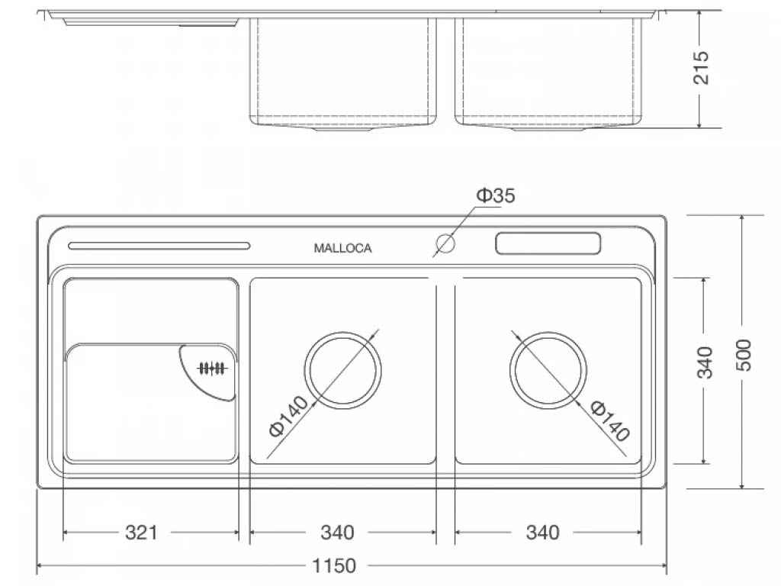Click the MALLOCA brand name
pos(343,248)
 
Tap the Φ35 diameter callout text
pos(497,196)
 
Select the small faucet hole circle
pos(445,244)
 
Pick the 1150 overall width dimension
pos(334,566)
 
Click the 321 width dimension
pos(141,532)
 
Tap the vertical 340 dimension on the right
pos(704,362)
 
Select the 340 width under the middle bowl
pos(336,532)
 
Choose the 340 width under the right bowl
pos(542,532)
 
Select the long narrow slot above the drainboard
pos(159,246)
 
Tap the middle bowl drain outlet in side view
pos(342,129)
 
